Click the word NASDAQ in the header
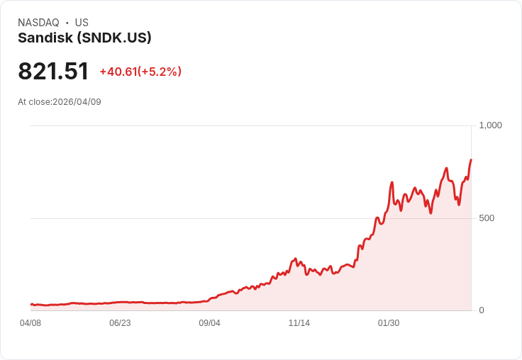tap(38, 23)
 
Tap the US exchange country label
tap(82, 23)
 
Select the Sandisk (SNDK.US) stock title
tap(84, 38)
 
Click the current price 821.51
tap(53, 72)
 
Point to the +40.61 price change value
tap(118, 72)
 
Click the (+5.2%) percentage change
tap(160, 72)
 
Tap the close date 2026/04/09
tap(77, 102)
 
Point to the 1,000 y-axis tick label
tap(490, 125)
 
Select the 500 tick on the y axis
tap(487, 218)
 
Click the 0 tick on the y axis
tap(482, 310)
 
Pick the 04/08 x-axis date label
tap(30, 323)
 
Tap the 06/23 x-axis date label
tap(120, 323)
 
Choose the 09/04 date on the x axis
tap(209, 323)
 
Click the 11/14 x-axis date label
tap(299, 323)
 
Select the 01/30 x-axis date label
tap(389, 323)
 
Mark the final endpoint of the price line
tap(471, 160)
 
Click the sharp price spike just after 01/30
tap(391, 183)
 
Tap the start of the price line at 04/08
tap(31, 304)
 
